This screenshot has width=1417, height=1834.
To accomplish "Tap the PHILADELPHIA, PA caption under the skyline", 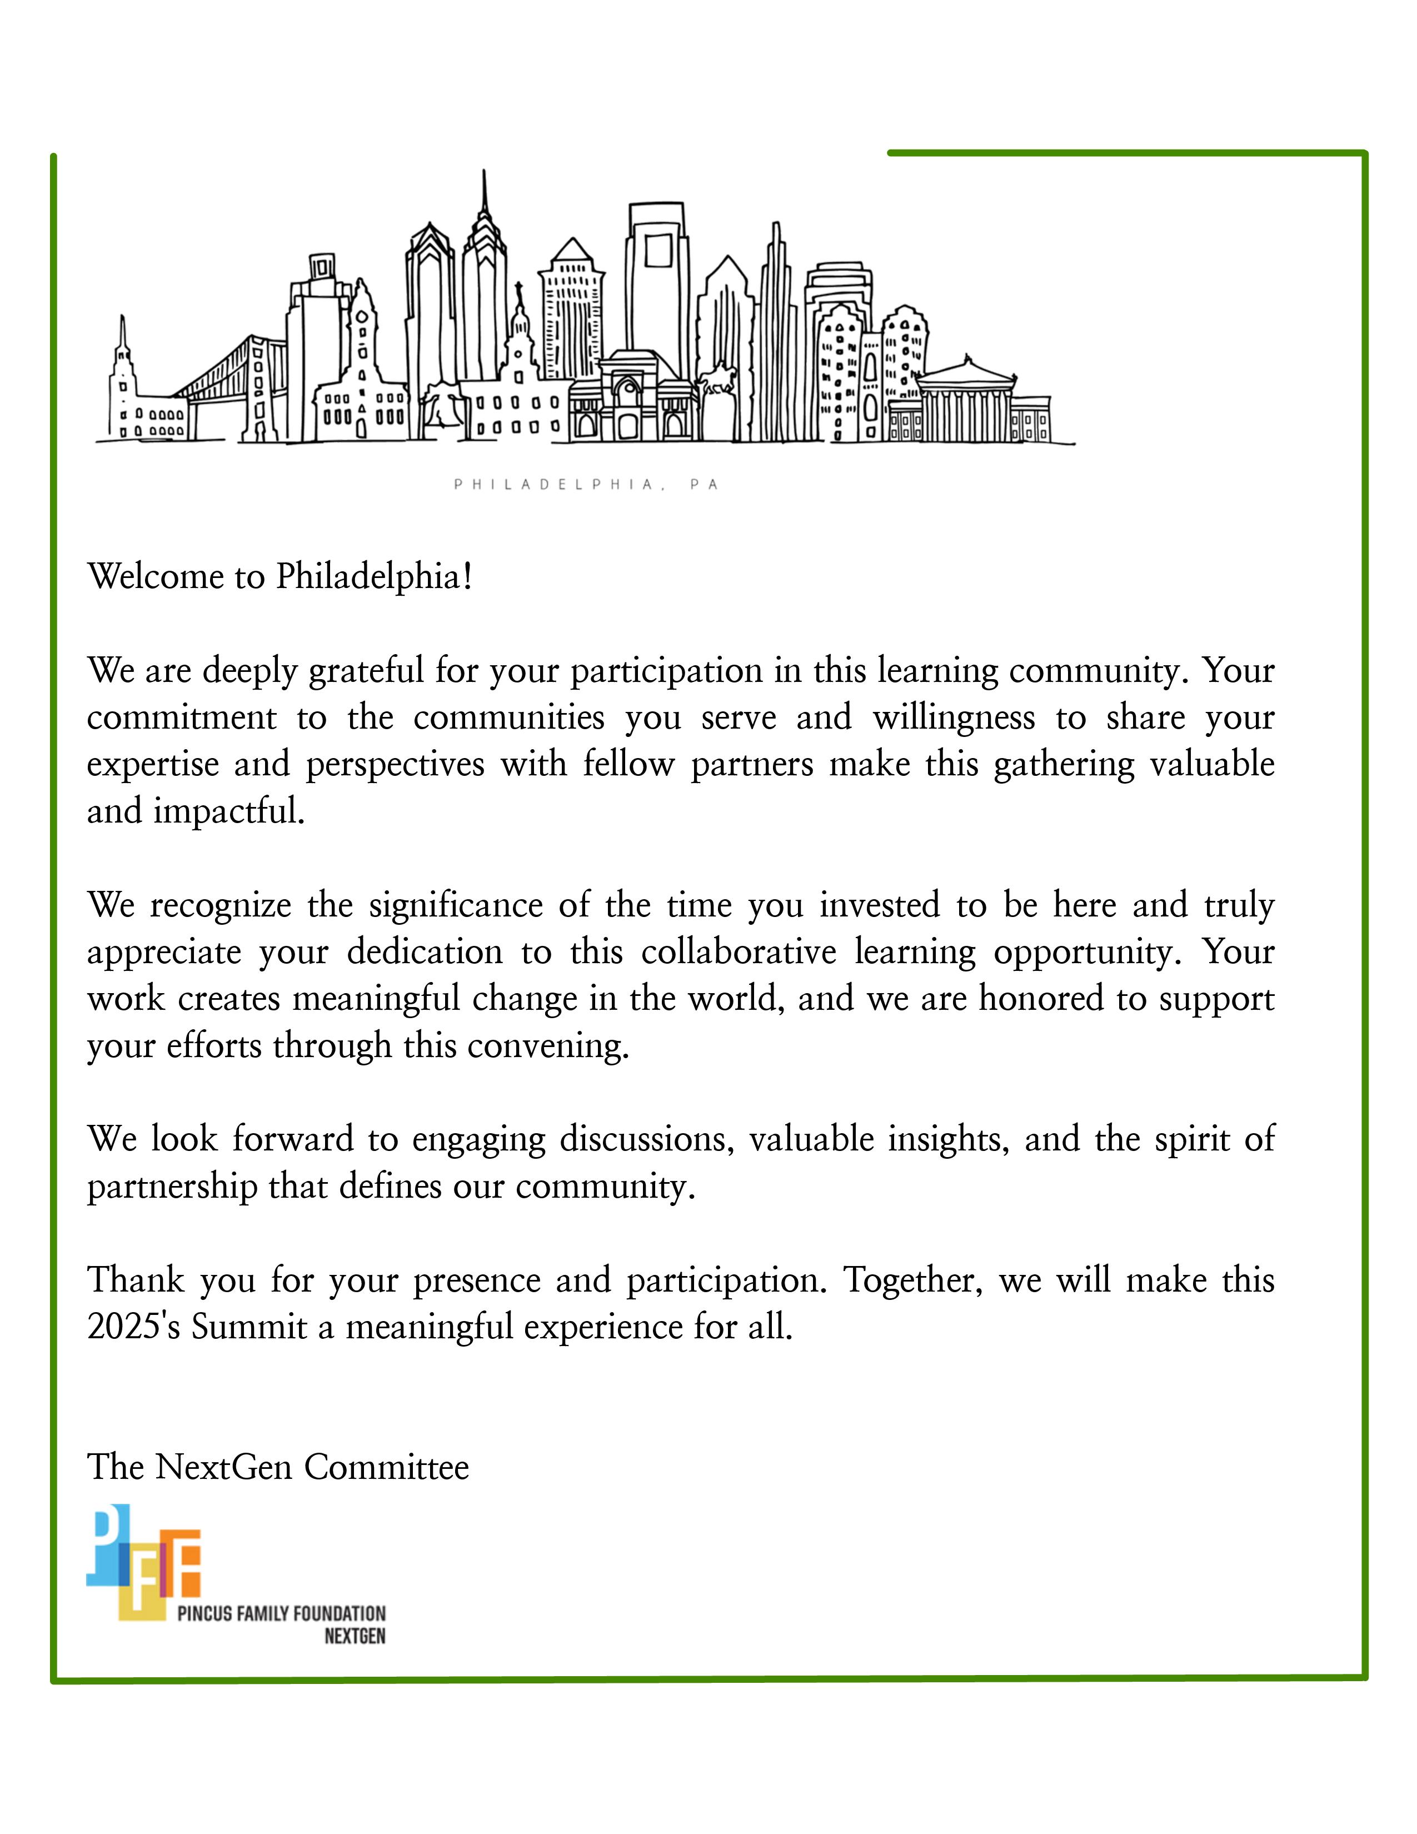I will click(586, 485).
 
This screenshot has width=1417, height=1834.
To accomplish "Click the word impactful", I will click(228, 812).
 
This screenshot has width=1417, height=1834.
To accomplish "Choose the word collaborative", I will click(739, 952).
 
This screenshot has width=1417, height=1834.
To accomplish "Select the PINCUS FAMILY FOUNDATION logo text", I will click(281, 1613).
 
